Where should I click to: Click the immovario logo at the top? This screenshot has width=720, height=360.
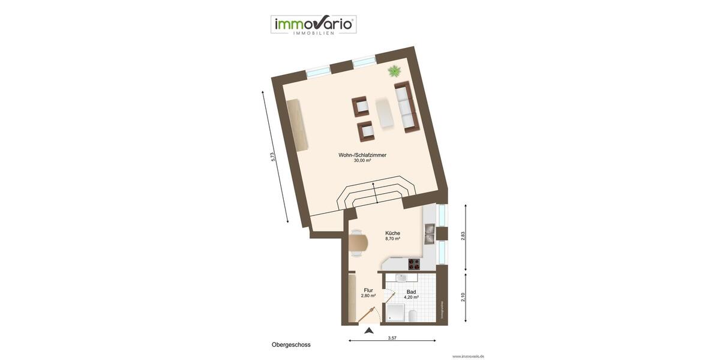(x=313, y=25)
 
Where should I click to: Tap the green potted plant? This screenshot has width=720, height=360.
(x=394, y=71)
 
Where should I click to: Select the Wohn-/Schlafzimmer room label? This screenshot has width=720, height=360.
(x=362, y=155)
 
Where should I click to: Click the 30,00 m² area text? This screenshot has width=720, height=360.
(x=362, y=161)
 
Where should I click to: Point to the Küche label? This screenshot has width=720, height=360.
(x=392, y=233)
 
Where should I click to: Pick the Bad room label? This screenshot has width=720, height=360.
(x=411, y=292)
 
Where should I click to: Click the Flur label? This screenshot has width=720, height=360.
(x=368, y=290)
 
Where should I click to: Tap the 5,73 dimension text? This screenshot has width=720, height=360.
(x=273, y=157)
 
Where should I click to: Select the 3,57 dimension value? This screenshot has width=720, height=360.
(x=392, y=338)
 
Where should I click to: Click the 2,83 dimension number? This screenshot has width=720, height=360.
(x=463, y=236)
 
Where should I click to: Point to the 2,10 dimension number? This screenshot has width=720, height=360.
(x=463, y=296)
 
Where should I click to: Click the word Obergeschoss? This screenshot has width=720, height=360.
(x=291, y=345)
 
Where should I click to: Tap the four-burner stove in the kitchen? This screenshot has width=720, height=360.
(x=414, y=263)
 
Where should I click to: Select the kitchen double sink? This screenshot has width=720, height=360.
(x=429, y=233)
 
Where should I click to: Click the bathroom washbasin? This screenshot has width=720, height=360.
(x=401, y=278)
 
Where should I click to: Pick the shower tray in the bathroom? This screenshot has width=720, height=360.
(x=395, y=313)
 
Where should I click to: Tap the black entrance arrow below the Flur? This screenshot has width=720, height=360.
(x=369, y=330)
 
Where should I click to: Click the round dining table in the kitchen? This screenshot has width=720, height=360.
(x=358, y=244)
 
